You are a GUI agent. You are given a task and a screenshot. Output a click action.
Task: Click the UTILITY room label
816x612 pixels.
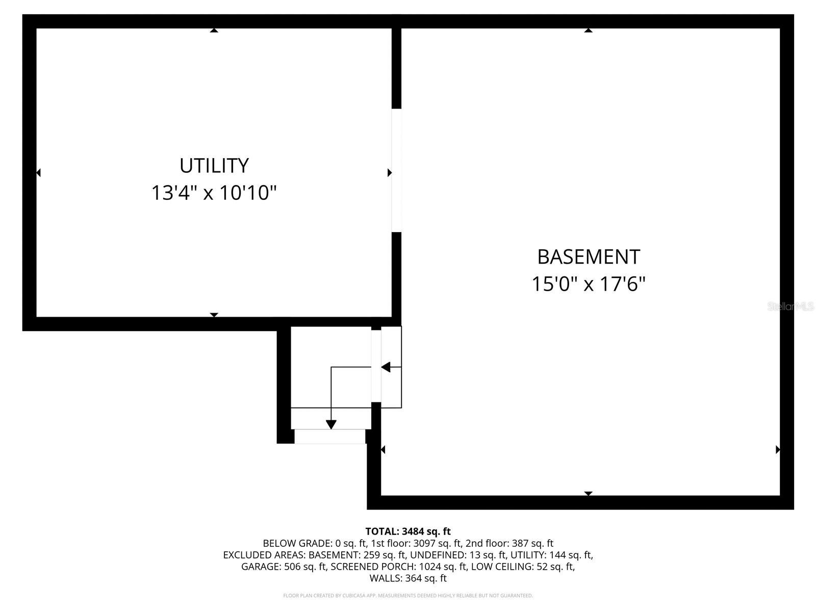pos(214,166)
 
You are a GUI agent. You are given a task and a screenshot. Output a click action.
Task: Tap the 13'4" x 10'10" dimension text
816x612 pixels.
pos(214,193)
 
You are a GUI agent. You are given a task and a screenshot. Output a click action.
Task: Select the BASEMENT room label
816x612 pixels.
pos(589,257)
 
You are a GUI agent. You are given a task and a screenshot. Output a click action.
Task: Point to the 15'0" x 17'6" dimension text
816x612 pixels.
pos(589,284)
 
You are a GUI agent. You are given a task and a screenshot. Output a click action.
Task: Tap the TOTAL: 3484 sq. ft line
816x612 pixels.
pos(408,531)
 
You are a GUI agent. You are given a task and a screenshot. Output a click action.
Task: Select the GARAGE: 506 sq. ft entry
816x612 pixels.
pos(284,567)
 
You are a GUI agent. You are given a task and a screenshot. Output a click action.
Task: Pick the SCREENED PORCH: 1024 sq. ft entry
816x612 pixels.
pos(399,567)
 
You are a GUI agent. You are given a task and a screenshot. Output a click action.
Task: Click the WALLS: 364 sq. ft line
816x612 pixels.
pos(408,578)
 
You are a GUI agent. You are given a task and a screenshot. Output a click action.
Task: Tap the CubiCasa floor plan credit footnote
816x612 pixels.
pos(408,595)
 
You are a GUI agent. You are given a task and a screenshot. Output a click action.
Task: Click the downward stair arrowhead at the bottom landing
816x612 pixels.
pos(331,424)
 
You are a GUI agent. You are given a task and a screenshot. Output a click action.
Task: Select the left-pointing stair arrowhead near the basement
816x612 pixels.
pos(386,367)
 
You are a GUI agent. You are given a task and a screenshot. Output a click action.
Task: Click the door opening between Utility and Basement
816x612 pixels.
pos(396,170)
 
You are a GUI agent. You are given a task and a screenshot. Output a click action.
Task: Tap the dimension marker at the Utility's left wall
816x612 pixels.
pos(38,173)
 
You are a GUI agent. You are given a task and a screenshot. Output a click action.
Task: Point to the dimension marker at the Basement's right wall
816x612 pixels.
pos(778,449)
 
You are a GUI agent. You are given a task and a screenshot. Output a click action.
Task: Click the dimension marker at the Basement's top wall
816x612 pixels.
pos(588,31)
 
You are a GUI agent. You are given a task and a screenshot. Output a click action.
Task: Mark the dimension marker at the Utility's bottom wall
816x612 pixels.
pos(214,315)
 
